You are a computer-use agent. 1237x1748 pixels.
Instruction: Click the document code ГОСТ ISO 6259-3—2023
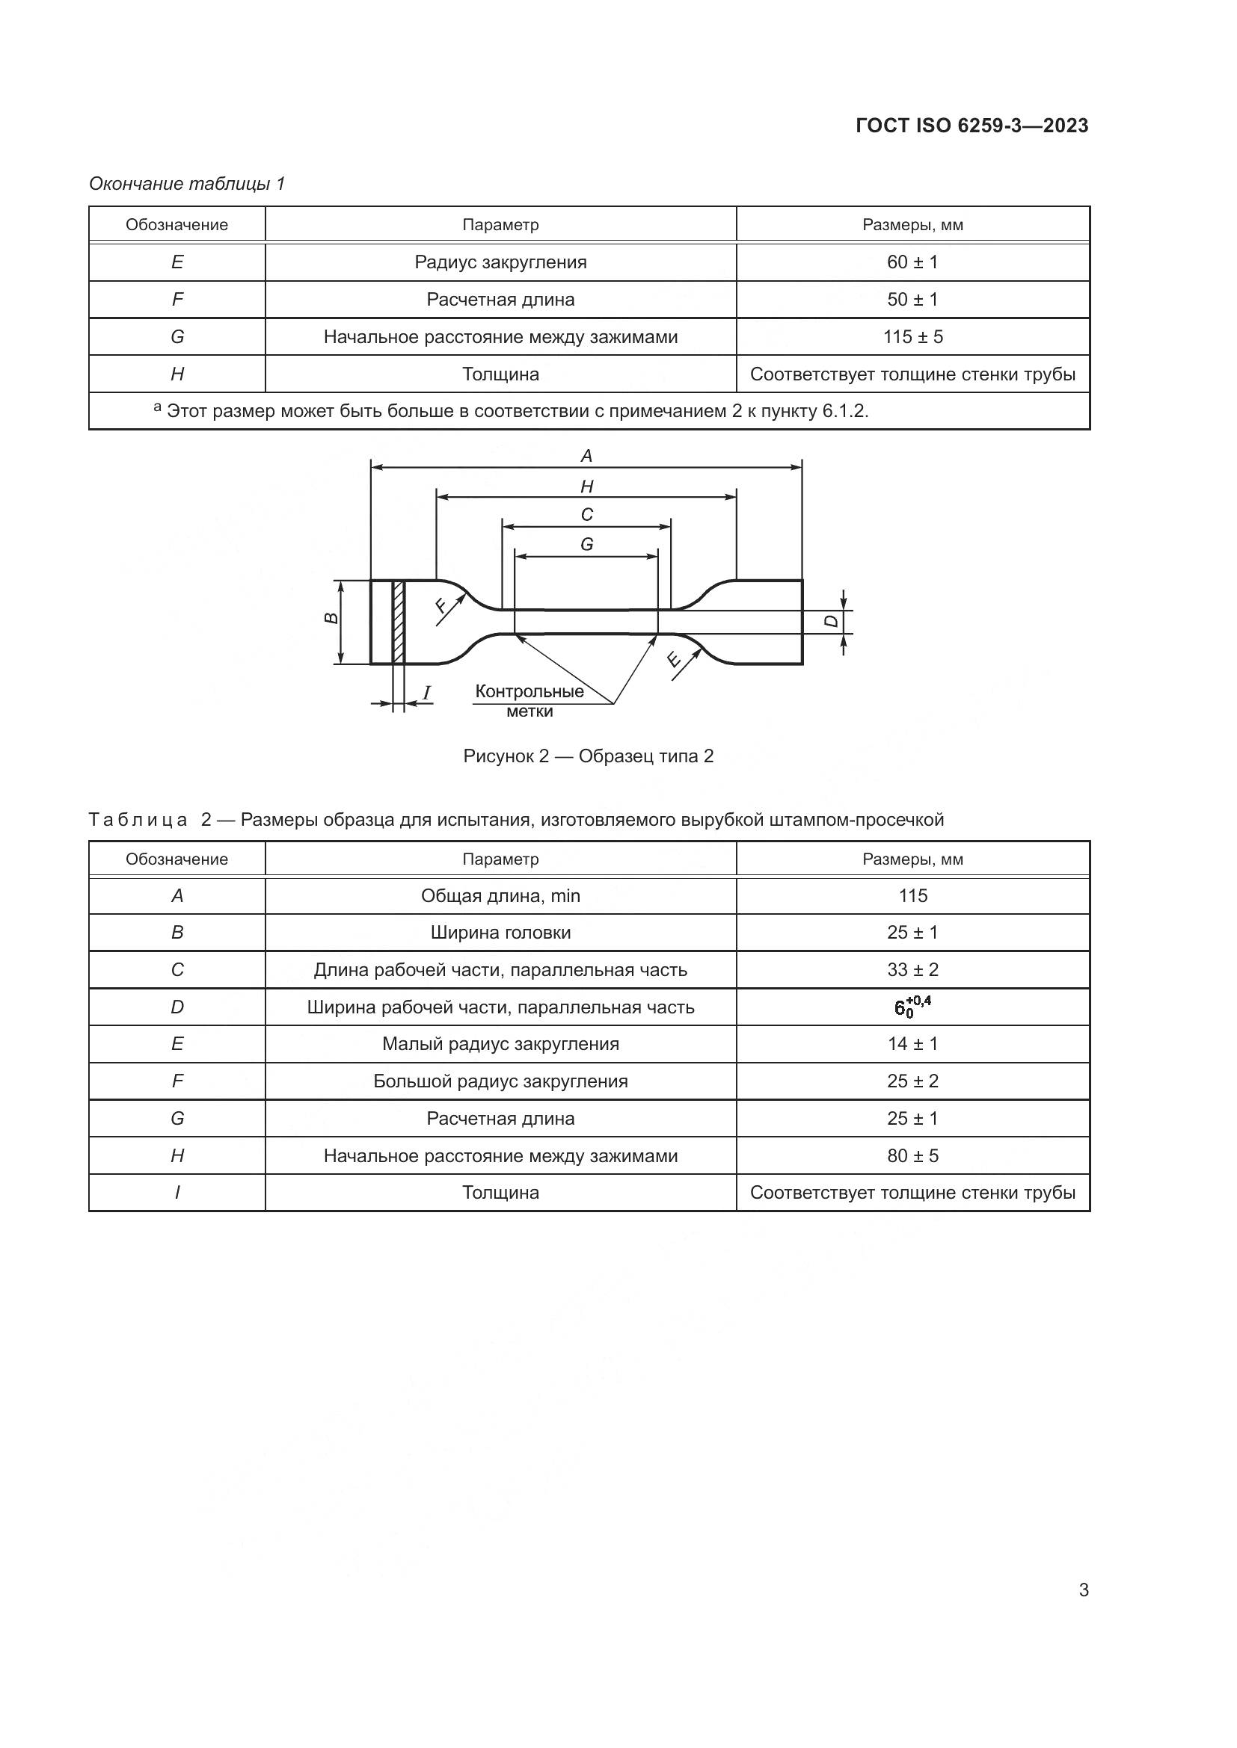(x=972, y=126)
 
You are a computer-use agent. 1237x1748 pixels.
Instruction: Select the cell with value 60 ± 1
(x=912, y=262)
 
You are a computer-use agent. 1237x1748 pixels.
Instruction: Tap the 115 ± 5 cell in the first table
(x=912, y=336)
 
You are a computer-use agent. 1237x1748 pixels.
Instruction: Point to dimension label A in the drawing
(x=586, y=456)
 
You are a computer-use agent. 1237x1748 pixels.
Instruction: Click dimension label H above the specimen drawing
(x=586, y=487)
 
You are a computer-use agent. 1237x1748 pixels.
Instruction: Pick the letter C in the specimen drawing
(x=586, y=516)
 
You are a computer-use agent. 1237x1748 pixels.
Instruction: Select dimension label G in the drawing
(x=586, y=545)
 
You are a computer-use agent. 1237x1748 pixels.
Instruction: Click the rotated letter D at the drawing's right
(x=832, y=621)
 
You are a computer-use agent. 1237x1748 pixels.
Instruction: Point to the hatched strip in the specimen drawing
(x=399, y=622)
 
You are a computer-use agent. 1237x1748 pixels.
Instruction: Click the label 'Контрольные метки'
(x=530, y=700)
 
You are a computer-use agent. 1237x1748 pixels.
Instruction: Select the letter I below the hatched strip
(x=426, y=693)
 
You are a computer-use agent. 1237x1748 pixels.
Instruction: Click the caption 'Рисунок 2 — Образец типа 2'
(x=588, y=756)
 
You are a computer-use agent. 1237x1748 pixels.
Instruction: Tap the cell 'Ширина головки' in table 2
(x=500, y=933)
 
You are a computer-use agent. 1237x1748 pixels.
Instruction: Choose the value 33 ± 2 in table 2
(x=912, y=970)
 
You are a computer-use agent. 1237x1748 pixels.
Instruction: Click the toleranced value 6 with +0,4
(x=912, y=1007)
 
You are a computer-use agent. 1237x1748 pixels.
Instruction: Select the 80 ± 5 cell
(x=912, y=1155)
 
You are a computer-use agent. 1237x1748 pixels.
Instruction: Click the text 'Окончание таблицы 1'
(x=187, y=184)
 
